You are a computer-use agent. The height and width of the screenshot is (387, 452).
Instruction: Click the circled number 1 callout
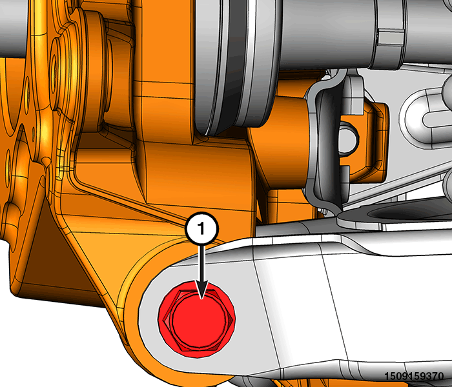pos(201,229)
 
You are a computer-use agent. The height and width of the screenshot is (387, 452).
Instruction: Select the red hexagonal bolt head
pos(197,320)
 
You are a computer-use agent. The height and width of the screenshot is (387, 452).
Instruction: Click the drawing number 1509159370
pos(415,376)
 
